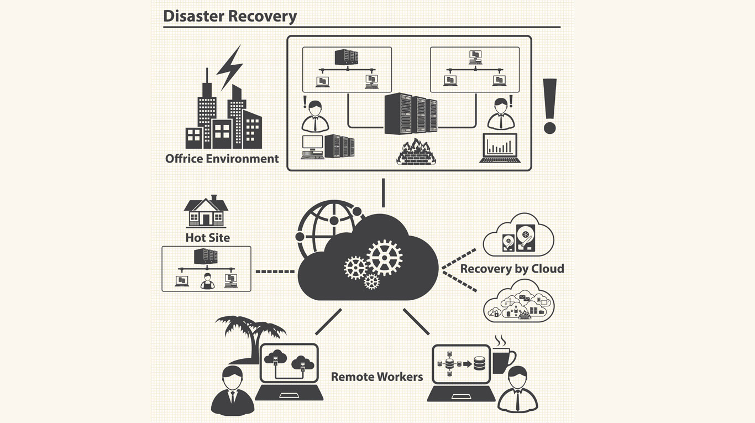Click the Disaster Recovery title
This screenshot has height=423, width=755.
(230, 15)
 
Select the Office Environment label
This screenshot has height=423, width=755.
(222, 159)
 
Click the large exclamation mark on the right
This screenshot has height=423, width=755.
(549, 106)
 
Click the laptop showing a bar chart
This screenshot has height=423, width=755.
(500, 148)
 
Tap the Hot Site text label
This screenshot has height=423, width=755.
(207, 238)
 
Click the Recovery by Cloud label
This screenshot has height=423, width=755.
(512, 269)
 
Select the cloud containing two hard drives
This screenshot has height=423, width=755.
(518, 236)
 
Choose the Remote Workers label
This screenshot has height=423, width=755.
(377, 377)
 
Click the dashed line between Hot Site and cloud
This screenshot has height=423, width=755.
(275, 271)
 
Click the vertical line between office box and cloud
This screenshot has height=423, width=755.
(382, 192)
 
